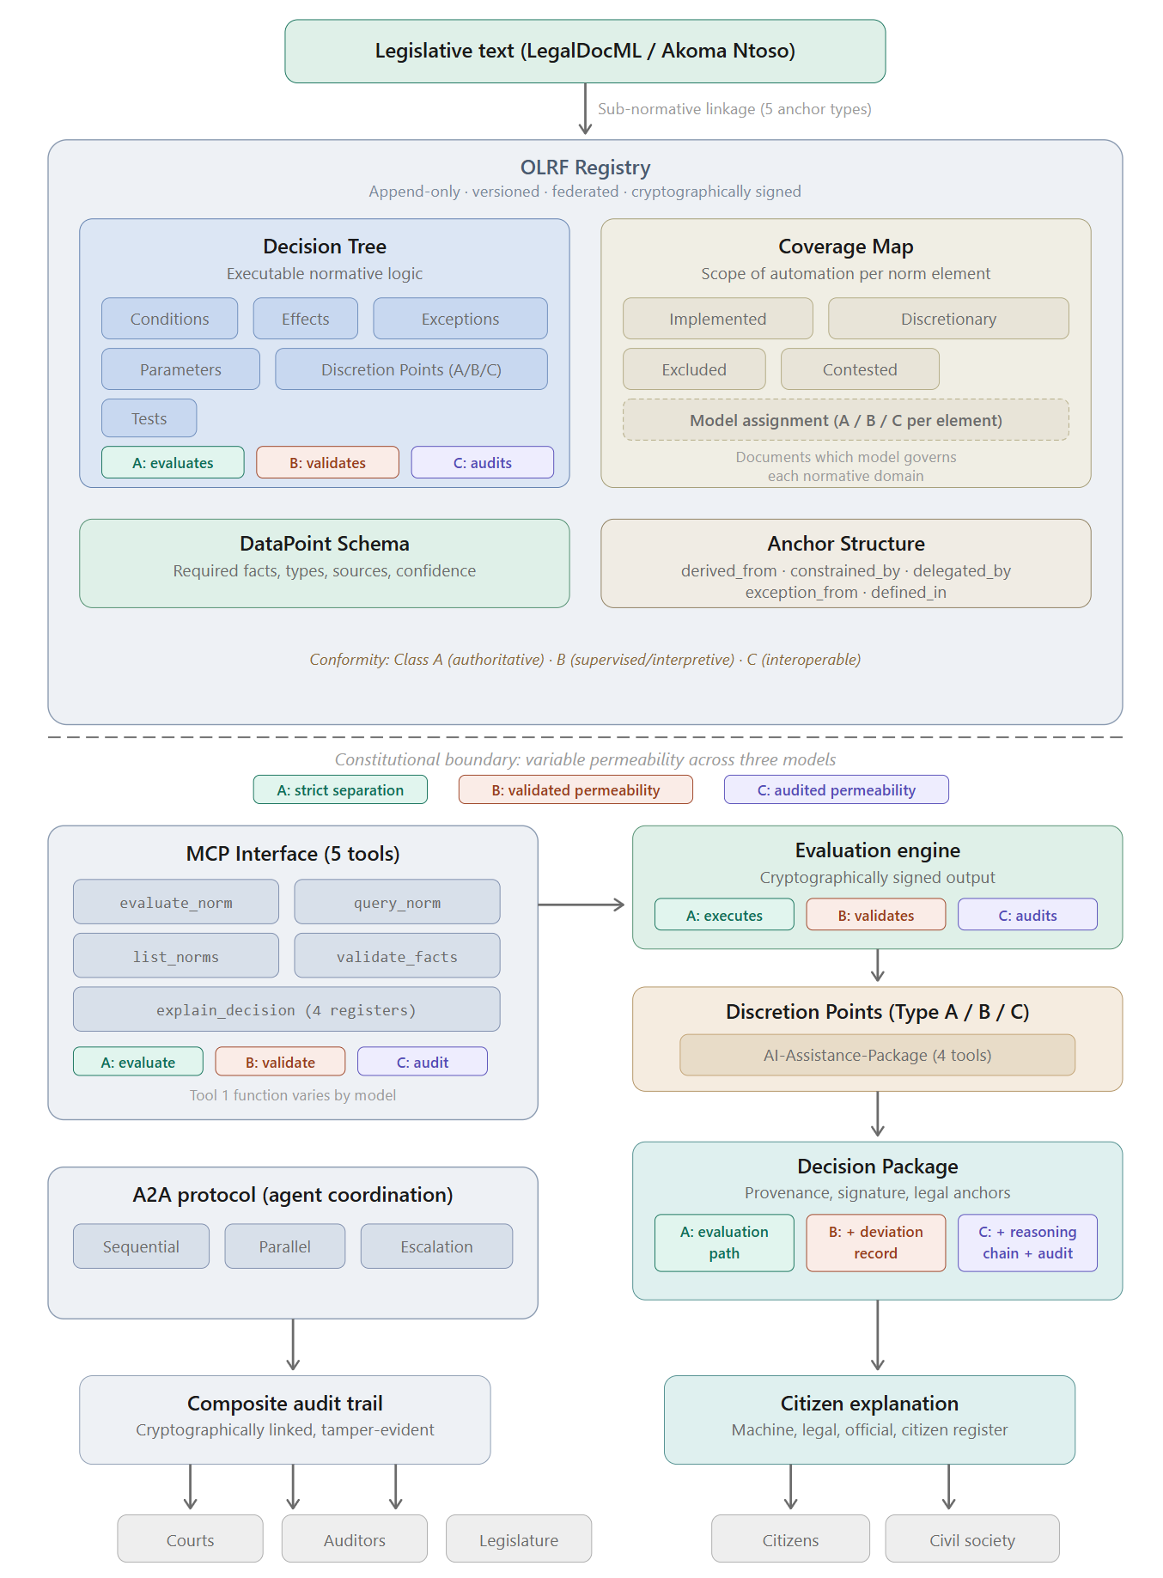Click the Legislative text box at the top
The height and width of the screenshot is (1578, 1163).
click(585, 52)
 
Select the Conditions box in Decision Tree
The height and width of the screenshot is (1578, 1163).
click(169, 319)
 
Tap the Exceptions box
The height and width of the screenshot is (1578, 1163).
click(460, 319)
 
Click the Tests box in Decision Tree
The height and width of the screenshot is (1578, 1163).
click(149, 418)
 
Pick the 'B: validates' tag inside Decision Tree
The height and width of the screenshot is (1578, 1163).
click(327, 463)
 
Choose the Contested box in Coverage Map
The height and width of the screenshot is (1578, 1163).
click(859, 369)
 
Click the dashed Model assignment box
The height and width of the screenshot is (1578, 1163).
click(845, 420)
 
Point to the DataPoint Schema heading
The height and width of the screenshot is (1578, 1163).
click(324, 544)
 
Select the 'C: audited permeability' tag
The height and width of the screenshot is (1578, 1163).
click(836, 790)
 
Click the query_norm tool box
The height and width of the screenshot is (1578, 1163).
click(397, 903)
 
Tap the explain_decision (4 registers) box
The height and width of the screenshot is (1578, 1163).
click(286, 1010)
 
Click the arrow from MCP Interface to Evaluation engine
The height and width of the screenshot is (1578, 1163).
click(581, 905)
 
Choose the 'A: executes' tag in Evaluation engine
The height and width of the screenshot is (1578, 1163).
click(723, 916)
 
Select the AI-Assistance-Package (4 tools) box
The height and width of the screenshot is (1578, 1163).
click(876, 1056)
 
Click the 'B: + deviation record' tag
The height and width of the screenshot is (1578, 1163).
click(875, 1242)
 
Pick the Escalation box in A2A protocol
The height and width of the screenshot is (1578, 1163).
click(436, 1246)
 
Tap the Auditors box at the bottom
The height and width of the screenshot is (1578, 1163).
click(354, 1540)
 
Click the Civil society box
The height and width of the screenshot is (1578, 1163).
click(971, 1540)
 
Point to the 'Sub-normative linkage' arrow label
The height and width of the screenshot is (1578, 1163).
click(734, 109)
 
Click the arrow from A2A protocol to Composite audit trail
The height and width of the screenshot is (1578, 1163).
click(293, 1344)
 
